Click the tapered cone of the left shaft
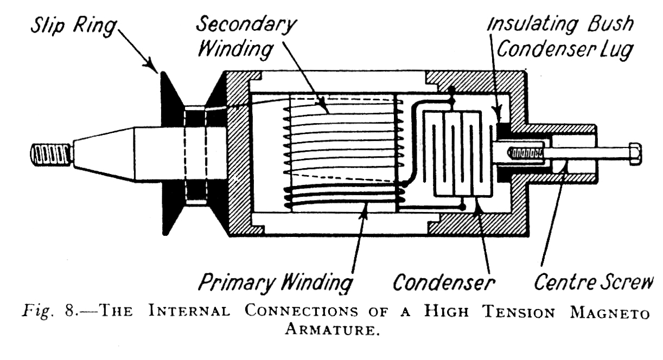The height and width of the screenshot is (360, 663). pos(103,155)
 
